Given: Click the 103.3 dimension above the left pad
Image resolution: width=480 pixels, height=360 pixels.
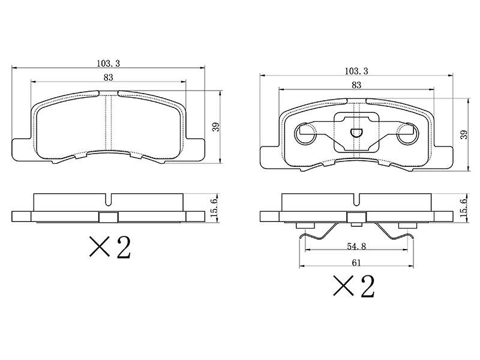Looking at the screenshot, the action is (109, 64).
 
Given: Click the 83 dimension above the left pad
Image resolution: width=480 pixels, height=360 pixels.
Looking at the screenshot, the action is (109, 78).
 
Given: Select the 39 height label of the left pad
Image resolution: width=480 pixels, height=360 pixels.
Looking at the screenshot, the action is (216, 127).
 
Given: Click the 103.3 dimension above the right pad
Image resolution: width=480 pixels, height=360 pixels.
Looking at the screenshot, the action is (356, 71).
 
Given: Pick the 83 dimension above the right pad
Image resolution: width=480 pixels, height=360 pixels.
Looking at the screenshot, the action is (356, 85).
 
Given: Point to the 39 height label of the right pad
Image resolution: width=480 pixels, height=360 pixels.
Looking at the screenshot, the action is (464, 134).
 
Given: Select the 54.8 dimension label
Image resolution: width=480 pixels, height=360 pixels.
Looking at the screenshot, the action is (356, 246).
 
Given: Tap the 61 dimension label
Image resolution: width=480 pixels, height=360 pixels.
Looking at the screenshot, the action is (356, 263).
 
